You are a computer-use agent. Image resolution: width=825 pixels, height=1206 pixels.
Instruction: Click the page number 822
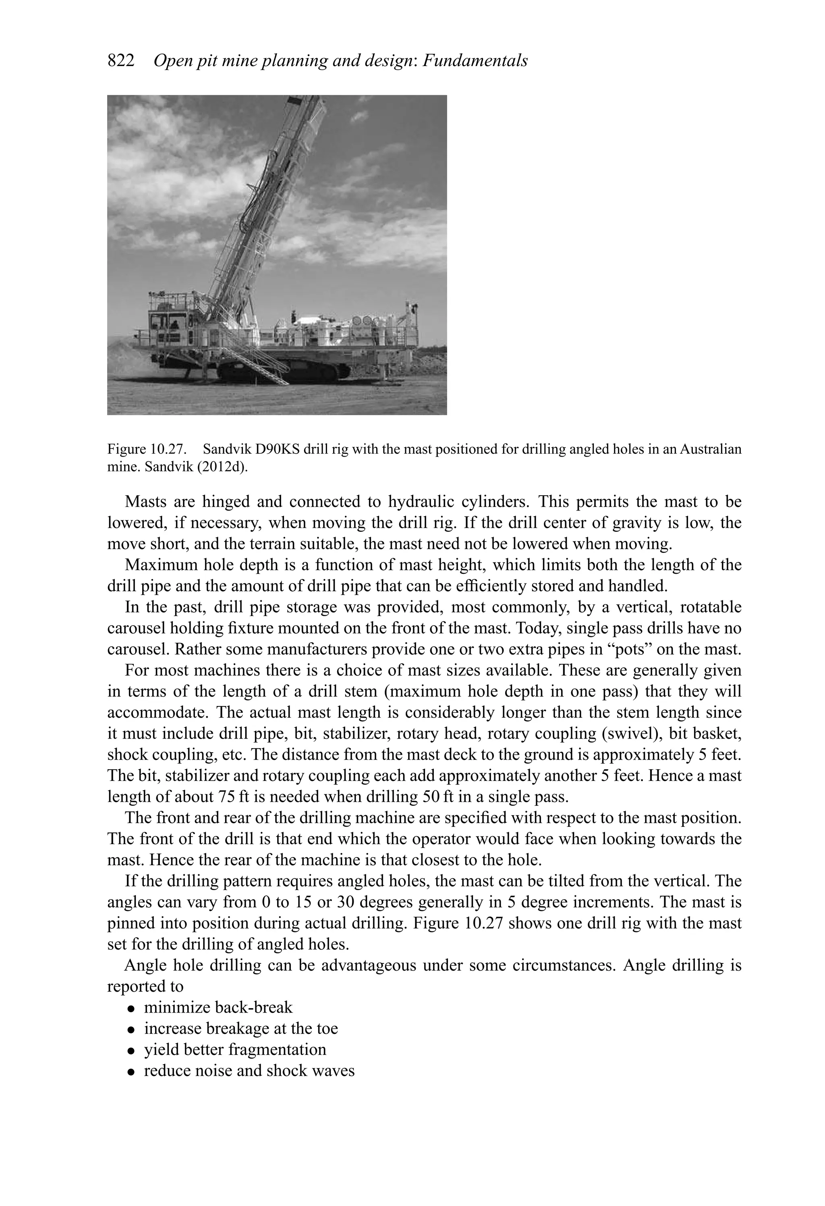click(120, 61)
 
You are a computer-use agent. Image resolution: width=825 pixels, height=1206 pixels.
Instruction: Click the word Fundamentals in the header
click(475, 61)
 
